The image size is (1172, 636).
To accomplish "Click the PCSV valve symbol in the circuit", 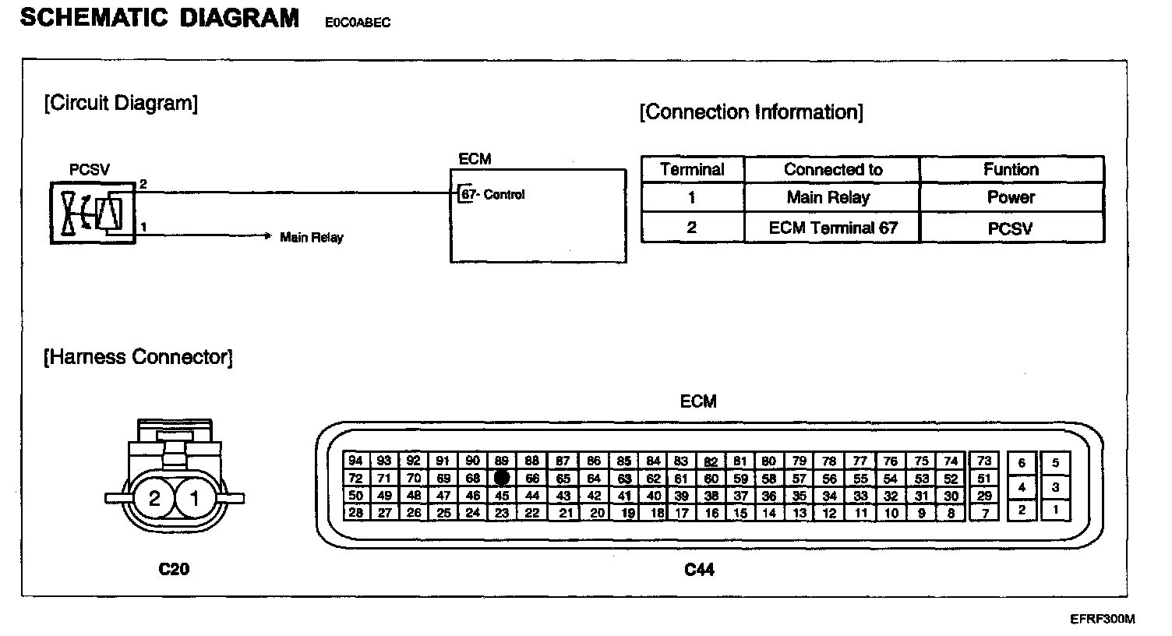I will click(x=93, y=212).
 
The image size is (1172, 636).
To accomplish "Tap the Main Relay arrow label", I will click(x=311, y=238).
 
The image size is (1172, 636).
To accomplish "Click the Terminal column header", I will click(x=692, y=170).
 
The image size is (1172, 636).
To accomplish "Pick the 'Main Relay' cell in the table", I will click(x=828, y=198).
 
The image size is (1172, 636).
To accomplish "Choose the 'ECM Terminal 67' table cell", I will click(x=833, y=228).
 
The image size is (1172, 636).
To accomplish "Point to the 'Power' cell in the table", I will click(x=1011, y=198).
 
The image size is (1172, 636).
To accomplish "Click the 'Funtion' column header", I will click(x=1011, y=170).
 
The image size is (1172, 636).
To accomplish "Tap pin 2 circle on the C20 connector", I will click(x=154, y=498).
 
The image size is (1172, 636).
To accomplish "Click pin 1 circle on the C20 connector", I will click(x=195, y=498).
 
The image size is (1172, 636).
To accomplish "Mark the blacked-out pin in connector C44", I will click(x=502, y=478).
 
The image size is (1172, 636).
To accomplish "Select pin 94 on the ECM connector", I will click(x=355, y=461).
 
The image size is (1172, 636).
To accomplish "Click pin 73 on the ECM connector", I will click(x=984, y=461).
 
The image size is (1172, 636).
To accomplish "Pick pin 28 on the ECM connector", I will click(x=355, y=513).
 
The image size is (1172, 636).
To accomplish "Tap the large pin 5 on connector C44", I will click(x=1055, y=463).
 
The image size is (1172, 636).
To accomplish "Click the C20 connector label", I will click(x=174, y=570).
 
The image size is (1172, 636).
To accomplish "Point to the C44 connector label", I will click(x=699, y=570).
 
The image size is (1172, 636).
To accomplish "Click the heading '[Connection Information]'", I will click(x=751, y=113).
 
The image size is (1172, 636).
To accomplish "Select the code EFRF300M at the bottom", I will click(x=1102, y=620).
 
